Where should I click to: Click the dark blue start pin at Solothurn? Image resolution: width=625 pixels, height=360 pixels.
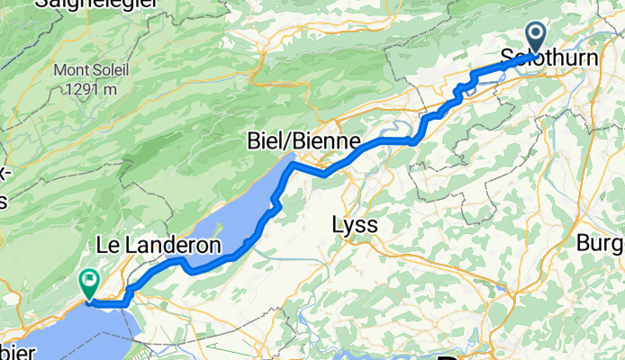click(x=535, y=39)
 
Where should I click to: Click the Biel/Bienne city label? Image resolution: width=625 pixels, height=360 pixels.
click(x=305, y=141)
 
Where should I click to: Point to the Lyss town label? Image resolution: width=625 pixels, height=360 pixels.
click(x=355, y=223)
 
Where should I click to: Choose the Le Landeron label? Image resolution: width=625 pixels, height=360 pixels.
click(x=159, y=245)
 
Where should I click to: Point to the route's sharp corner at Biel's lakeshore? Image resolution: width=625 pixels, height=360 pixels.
click(x=290, y=165)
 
